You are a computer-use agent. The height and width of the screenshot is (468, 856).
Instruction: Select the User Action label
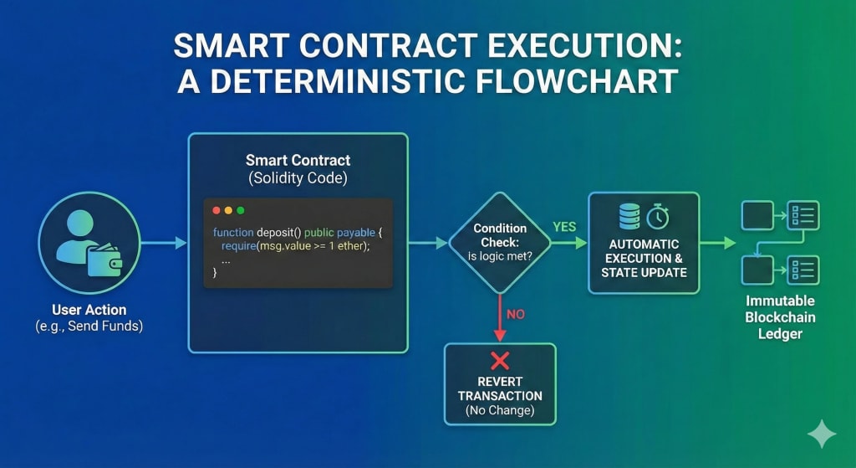click(x=89, y=310)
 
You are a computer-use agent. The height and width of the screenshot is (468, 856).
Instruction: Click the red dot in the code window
click(x=217, y=210)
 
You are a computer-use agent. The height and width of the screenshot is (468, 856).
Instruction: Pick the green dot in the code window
click(x=241, y=210)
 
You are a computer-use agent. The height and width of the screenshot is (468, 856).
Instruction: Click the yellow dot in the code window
click(x=228, y=210)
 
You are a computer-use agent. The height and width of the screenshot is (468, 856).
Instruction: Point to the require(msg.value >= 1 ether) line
click(x=295, y=245)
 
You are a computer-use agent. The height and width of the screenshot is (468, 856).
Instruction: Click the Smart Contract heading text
click(x=298, y=160)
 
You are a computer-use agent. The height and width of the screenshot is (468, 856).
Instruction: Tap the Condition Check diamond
click(x=499, y=242)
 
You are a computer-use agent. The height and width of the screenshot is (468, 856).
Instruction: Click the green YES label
click(x=565, y=227)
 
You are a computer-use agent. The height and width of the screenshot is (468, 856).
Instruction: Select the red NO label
click(x=516, y=315)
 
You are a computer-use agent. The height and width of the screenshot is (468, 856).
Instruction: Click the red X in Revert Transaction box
click(x=500, y=362)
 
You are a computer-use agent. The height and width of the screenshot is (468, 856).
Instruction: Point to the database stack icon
click(x=629, y=216)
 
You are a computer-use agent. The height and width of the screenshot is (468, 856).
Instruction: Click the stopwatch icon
click(x=658, y=217)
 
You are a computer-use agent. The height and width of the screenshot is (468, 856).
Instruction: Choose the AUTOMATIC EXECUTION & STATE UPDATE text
click(x=644, y=258)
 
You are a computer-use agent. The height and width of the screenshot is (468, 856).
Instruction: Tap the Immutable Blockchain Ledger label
click(x=780, y=317)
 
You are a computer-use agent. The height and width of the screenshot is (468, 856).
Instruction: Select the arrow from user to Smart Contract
click(x=165, y=243)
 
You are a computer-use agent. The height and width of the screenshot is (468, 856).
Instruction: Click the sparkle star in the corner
click(x=821, y=435)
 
